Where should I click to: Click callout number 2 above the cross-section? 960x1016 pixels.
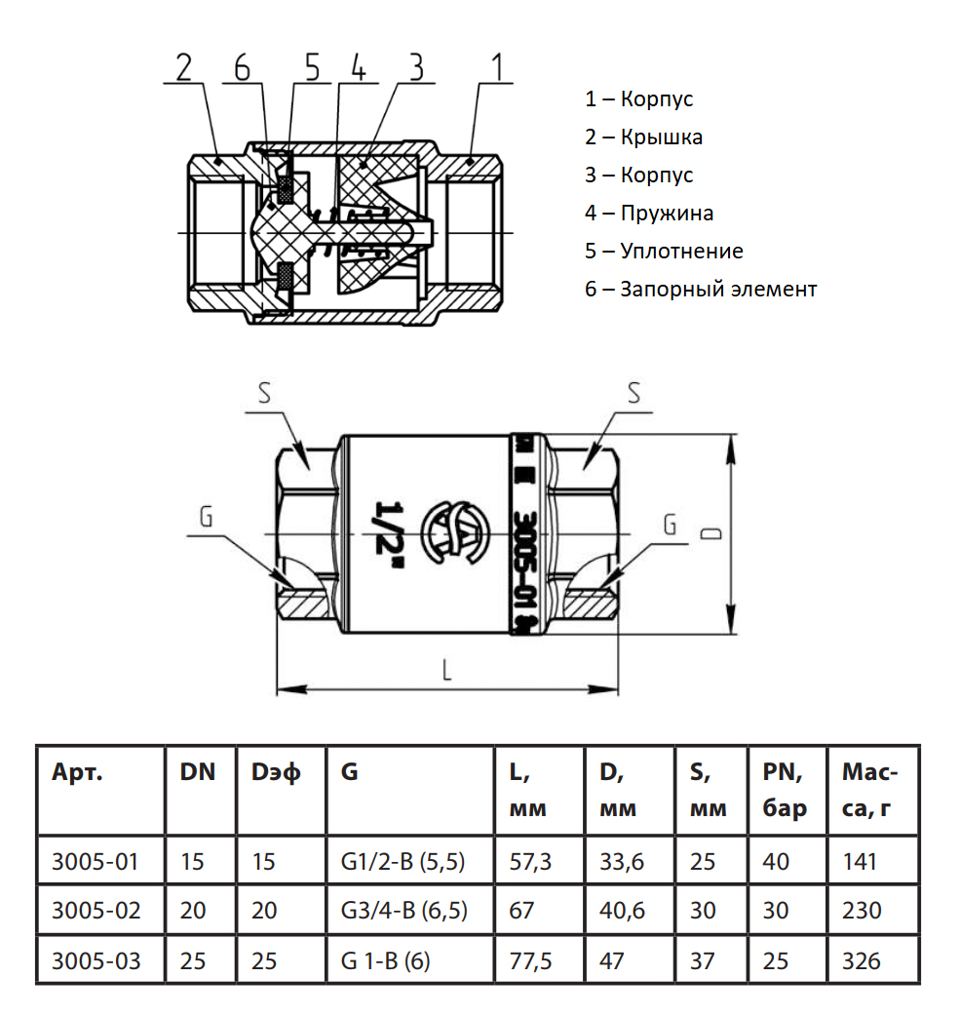[x=185, y=68]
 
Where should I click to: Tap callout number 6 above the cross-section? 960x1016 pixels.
[x=243, y=68]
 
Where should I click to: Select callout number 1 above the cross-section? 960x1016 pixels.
[x=497, y=68]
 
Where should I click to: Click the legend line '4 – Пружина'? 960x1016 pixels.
[x=649, y=213]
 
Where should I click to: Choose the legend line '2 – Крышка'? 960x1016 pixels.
[x=643, y=137]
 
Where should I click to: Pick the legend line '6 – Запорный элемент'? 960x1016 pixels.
[x=701, y=289]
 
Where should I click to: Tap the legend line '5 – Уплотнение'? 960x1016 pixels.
[x=664, y=251]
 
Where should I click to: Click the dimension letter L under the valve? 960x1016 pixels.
[x=446, y=670]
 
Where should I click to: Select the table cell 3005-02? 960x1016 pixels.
[x=96, y=911]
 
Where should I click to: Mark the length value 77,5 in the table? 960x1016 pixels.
[x=531, y=960]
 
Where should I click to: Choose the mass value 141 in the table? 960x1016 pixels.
[x=860, y=862]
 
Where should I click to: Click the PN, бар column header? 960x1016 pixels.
[x=786, y=791]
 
